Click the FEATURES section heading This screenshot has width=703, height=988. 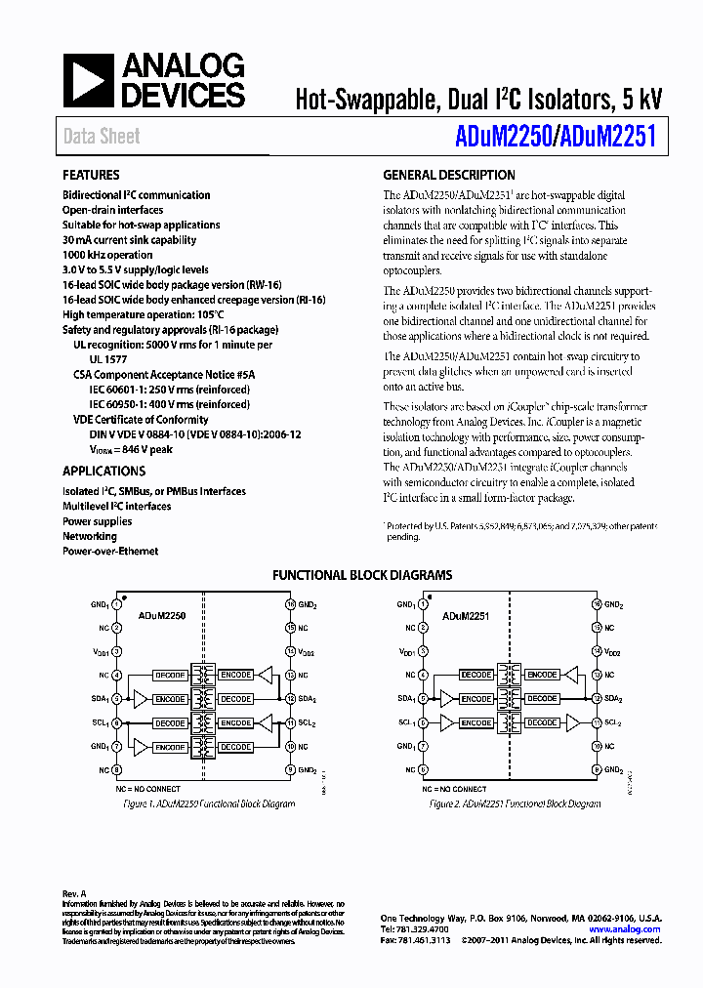click(x=91, y=176)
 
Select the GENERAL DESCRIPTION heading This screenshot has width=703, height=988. click(x=448, y=176)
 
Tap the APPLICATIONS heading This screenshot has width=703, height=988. click(x=103, y=471)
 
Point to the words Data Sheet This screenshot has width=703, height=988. click(x=102, y=137)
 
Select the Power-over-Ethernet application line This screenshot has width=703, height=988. click(x=110, y=552)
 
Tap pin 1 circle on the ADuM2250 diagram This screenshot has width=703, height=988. click(x=116, y=605)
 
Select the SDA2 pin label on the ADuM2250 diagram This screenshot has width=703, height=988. click(x=308, y=699)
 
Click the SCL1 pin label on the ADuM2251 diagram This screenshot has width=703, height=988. click(x=406, y=723)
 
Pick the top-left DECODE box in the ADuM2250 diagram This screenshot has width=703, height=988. click(x=170, y=676)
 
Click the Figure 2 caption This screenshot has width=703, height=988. click(x=515, y=804)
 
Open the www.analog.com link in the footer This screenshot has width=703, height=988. click(x=632, y=929)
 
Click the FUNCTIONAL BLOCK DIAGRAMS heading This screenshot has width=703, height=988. click(x=361, y=575)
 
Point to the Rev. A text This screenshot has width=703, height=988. click(x=74, y=894)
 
